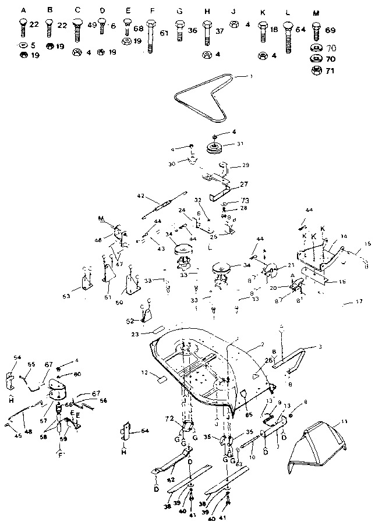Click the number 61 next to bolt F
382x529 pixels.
164,33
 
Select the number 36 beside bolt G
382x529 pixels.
193,30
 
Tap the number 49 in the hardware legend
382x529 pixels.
92,26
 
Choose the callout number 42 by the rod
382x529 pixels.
140,196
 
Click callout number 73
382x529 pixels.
229,201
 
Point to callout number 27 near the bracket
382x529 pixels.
243,184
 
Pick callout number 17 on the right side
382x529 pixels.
359,301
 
